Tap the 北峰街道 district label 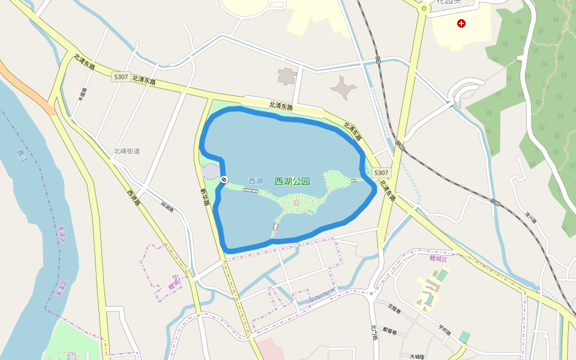click(x=127, y=151)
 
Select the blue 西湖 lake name click(x=256, y=181)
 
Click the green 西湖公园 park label click(x=292, y=181)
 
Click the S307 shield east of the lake click(x=381, y=173)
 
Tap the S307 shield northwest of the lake click(x=120, y=77)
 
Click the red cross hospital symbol click(x=461, y=23)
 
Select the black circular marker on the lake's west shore click(x=224, y=179)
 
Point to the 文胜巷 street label click(x=394, y=308)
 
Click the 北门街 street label click(x=374, y=332)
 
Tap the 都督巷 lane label click(x=390, y=331)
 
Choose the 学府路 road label click(x=444, y=329)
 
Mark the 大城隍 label click(x=417, y=356)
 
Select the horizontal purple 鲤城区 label click(x=439, y=259)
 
